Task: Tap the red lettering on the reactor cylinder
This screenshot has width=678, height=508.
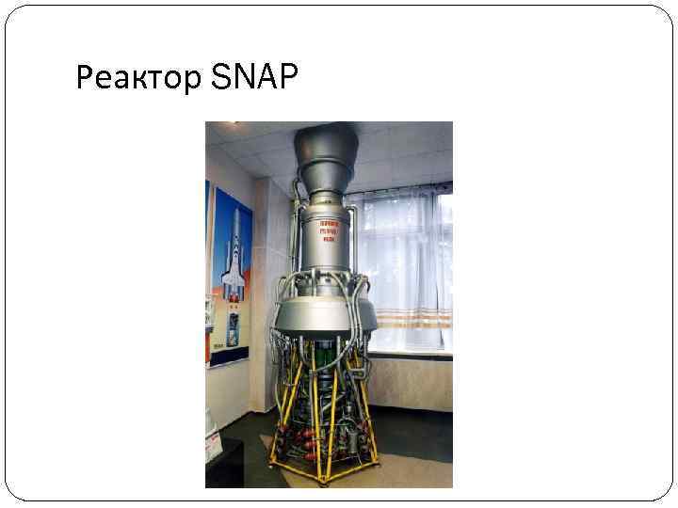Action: [x=328, y=229]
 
